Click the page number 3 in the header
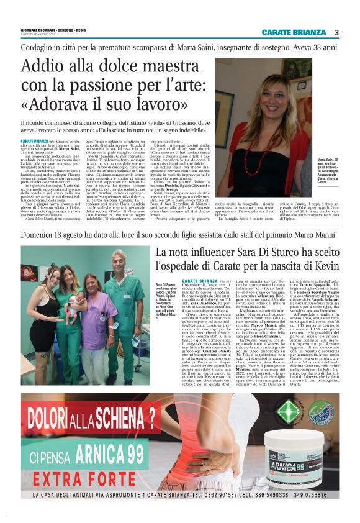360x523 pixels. [336, 32]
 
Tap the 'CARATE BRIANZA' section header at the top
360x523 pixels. [294, 32]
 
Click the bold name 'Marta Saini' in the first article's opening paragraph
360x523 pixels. [66, 149]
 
